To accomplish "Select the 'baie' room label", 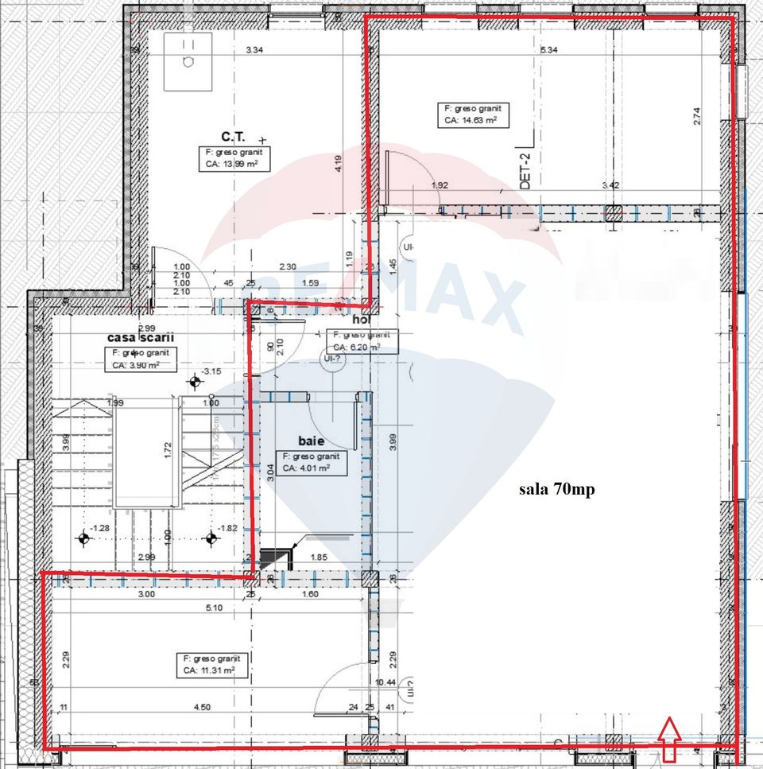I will point(310,440).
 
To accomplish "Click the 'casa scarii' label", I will point(140,336).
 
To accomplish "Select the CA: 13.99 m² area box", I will point(230,159).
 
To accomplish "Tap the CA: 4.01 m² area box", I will point(310,463).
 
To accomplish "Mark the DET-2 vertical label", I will point(525,169).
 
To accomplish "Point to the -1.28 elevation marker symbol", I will point(83,538).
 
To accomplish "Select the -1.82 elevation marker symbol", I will point(211,538).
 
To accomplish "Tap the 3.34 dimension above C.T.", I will point(254,50).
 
